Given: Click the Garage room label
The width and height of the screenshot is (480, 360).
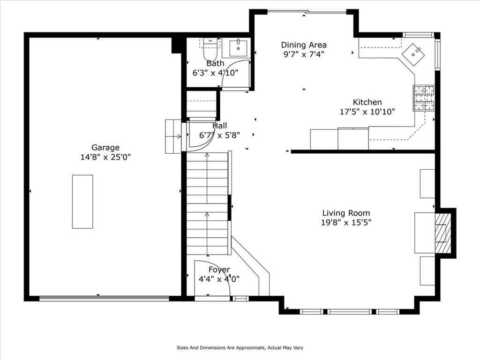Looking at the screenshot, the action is (x=105, y=148).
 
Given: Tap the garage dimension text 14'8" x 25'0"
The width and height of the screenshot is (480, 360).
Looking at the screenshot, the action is (x=105, y=157).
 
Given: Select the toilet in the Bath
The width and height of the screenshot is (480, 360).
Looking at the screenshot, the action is (x=210, y=50).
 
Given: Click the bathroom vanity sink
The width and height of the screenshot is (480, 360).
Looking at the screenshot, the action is (x=238, y=48).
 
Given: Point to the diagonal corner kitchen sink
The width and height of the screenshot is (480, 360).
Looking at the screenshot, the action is (x=413, y=54).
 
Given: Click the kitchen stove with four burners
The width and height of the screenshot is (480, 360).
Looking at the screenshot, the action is (x=424, y=98).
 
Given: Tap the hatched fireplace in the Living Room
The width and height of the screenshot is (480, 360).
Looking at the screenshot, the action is (x=443, y=233).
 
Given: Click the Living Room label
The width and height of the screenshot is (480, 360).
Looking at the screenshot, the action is (x=346, y=213).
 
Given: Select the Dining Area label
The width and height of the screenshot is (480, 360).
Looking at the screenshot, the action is (x=304, y=45).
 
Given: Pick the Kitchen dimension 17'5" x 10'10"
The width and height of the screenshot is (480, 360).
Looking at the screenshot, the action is (x=367, y=112).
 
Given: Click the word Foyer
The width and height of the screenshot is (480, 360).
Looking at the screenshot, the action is (x=219, y=270).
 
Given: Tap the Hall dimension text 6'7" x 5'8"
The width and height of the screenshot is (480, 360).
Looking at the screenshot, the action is (x=219, y=135).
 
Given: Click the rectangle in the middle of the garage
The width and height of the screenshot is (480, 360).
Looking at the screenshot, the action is (x=82, y=202).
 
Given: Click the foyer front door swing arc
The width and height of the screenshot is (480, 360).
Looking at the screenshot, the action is (x=221, y=270).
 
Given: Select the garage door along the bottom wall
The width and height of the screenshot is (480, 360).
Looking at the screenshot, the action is (x=104, y=299).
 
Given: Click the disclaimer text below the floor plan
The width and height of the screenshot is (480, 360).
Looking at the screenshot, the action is (x=240, y=348).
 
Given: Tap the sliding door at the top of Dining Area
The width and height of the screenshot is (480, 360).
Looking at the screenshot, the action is (x=307, y=12).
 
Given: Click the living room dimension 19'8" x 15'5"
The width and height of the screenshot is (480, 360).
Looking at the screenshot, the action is (x=346, y=223).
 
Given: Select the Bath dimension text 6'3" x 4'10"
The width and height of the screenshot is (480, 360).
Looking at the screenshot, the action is (x=215, y=73).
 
